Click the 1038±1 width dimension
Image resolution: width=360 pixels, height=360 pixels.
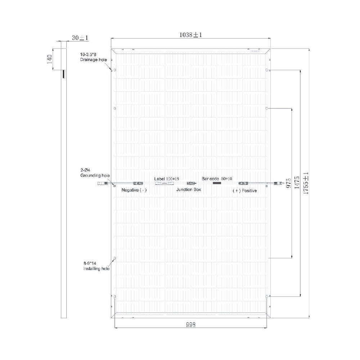click(x=190, y=35)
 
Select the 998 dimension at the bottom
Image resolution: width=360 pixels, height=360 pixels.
click(x=190, y=324)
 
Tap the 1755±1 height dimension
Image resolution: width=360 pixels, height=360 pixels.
click(x=306, y=183)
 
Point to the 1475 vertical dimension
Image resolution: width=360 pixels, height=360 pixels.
click(x=297, y=183)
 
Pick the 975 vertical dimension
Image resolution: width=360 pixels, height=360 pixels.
click(x=288, y=183)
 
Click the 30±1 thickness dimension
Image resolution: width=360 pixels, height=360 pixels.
click(x=80, y=37)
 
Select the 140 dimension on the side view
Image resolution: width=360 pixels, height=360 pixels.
click(x=50, y=59)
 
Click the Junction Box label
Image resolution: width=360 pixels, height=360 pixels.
click(x=188, y=189)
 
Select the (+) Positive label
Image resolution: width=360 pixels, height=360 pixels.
click(x=244, y=190)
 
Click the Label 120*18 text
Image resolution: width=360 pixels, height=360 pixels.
click(x=166, y=179)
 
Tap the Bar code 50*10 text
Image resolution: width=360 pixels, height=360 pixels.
click(x=217, y=179)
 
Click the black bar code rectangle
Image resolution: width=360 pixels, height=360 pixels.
click(x=217, y=183)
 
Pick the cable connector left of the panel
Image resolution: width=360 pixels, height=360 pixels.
click(x=102, y=184)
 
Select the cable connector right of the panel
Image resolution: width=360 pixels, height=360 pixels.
click(x=278, y=183)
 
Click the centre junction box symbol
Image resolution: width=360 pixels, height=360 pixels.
click(x=190, y=183)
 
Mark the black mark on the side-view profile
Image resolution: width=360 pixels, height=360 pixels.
click(x=63, y=74)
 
